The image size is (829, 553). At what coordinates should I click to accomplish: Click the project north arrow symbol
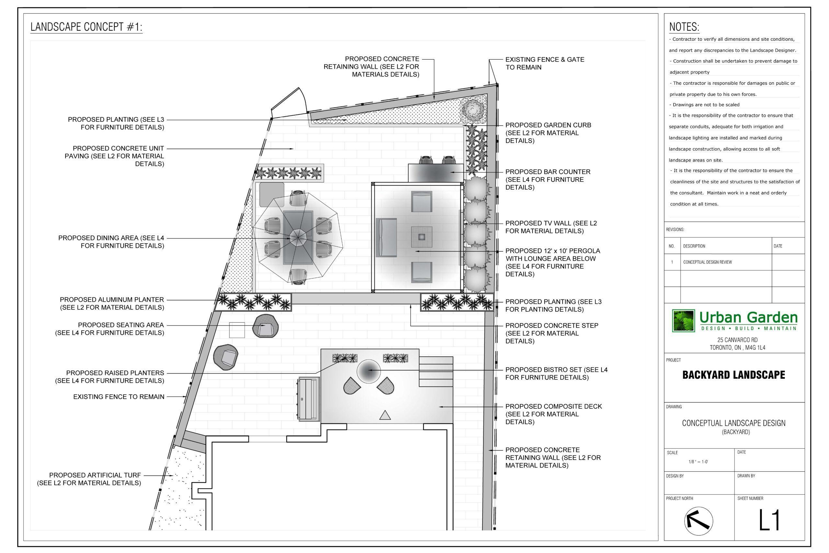pos(698,521)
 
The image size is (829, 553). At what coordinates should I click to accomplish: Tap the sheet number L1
pos(769,520)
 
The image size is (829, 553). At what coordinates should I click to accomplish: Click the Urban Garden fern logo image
pos(683,321)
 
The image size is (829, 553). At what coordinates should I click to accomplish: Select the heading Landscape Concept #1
pos(86,27)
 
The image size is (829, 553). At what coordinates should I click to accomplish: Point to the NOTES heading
pos(684,27)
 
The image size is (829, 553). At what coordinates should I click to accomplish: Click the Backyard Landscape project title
pos(734,375)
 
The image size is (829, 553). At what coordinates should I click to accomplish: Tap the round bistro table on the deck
pos(369,371)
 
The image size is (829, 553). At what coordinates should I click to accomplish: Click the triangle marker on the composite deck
pos(385,415)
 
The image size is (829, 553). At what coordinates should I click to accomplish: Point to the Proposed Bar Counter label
pos(548,179)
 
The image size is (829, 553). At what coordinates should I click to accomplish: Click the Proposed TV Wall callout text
pos(551,227)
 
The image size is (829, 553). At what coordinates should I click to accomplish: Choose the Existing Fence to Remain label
pos(119,397)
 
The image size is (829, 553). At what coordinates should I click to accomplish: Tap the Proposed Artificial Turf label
pos(89,479)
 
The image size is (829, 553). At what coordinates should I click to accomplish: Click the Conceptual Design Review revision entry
pos(707,262)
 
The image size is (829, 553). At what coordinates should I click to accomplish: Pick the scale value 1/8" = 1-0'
pos(698,462)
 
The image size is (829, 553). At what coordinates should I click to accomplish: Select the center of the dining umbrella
pos(298,238)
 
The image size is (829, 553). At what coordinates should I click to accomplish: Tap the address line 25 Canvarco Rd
pos(737,340)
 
